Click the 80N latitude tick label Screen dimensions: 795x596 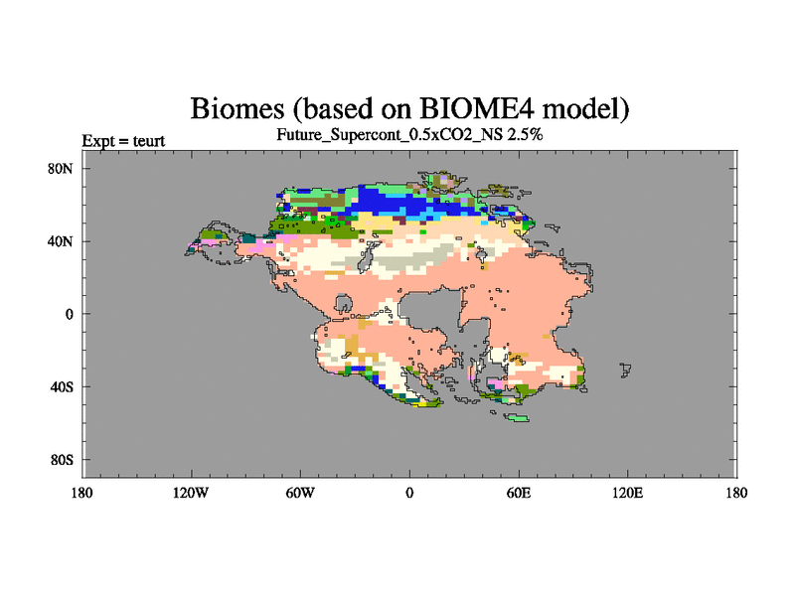click(61, 169)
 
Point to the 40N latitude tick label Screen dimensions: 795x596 click(61, 241)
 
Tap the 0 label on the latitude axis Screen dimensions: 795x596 click(69, 314)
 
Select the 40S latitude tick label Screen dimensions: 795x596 click(62, 387)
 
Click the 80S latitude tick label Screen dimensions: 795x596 click(62, 460)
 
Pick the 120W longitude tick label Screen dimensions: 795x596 click(191, 493)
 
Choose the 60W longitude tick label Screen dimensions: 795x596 click(300, 493)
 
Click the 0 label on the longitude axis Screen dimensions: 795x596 click(409, 493)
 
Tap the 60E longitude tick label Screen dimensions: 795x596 click(519, 493)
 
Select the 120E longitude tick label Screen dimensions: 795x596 click(628, 493)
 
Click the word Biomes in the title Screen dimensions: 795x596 click(238, 108)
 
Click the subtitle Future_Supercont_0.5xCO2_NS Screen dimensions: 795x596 click(389, 135)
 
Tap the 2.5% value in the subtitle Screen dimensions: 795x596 click(525, 134)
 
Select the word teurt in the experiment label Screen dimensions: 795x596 click(148, 141)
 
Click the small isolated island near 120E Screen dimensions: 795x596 click(625, 370)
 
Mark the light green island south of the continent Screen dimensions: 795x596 click(517, 417)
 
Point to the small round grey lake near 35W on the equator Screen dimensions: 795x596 click(344, 304)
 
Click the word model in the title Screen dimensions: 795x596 click(583, 108)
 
